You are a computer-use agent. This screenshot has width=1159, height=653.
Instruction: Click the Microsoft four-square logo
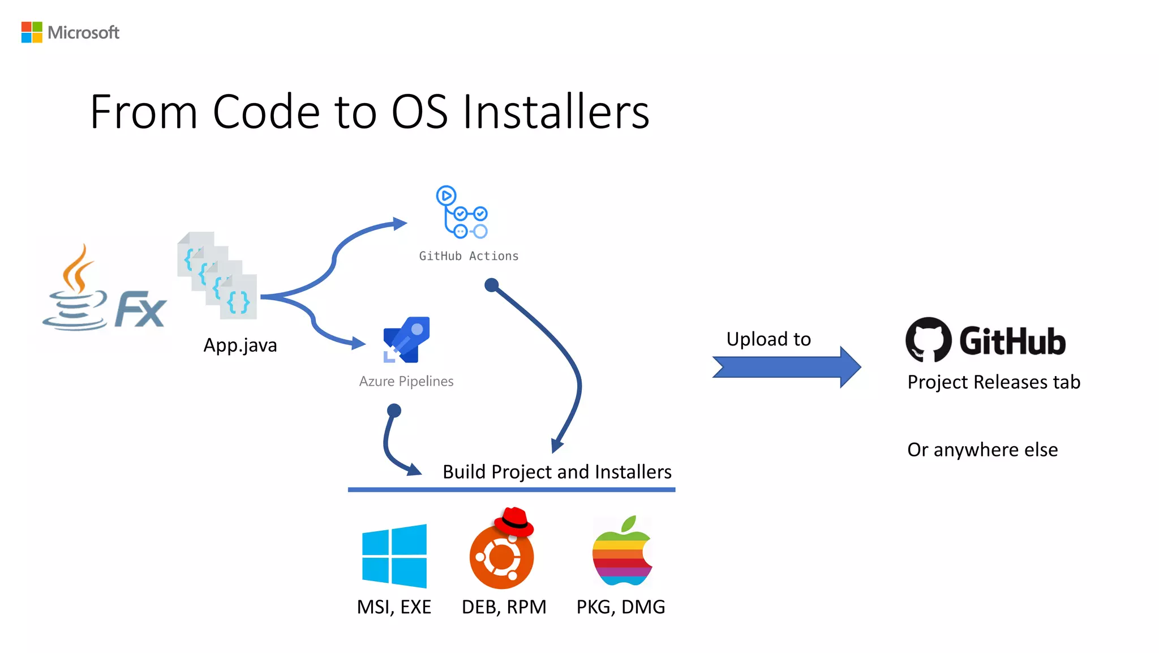pyautogui.click(x=32, y=32)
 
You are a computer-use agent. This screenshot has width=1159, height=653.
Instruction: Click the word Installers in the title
pyautogui.click(x=556, y=112)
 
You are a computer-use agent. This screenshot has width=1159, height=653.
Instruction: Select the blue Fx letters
pyautogui.click(x=140, y=309)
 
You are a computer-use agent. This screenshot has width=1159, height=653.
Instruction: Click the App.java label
pyautogui.click(x=240, y=345)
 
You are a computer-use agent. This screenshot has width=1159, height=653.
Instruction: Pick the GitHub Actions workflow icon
pyautogui.click(x=461, y=212)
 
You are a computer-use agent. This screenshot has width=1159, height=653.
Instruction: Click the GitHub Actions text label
pyautogui.click(x=469, y=256)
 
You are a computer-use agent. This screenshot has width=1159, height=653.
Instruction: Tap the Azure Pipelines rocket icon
pyautogui.click(x=407, y=340)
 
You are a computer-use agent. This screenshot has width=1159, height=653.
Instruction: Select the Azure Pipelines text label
pyautogui.click(x=406, y=381)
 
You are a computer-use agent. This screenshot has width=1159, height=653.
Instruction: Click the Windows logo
pyautogui.click(x=394, y=556)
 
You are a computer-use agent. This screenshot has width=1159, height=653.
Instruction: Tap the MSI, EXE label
pyautogui.click(x=394, y=607)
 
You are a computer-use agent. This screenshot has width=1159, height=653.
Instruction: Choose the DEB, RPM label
pyautogui.click(x=504, y=607)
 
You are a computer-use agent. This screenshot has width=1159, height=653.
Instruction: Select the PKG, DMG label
pyautogui.click(x=621, y=607)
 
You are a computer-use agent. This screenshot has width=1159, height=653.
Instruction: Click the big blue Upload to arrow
pyautogui.click(x=787, y=367)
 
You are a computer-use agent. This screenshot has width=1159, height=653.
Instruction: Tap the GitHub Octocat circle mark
pyautogui.click(x=928, y=340)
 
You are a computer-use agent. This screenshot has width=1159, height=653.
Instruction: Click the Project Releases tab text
pyautogui.click(x=994, y=382)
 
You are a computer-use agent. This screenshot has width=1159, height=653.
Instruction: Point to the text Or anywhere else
pyautogui.click(x=982, y=450)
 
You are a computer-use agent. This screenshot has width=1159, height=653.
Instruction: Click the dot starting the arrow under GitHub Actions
pyautogui.click(x=492, y=284)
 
